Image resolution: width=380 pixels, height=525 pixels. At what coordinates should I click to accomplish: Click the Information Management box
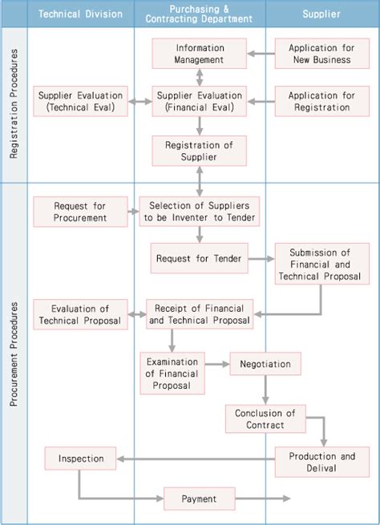(x=200, y=53)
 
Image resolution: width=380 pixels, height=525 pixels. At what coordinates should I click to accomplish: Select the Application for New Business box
(x=320, y=53)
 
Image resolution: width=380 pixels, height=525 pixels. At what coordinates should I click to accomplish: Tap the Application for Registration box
(x=320, y=101)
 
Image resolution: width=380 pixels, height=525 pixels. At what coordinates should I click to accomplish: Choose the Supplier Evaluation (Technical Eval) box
(x=81, y=101)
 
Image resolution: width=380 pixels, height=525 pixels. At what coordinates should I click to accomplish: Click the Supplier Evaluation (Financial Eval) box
(x=200, y=101)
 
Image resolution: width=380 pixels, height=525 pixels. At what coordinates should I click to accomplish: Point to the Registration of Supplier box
(x=200, y=150)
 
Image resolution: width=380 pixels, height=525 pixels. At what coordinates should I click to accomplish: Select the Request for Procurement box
(x=81, y=212)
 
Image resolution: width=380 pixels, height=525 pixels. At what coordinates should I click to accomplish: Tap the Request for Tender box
(x=198, y=258)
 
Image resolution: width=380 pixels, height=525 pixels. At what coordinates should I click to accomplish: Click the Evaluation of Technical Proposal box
(x=80, y=314)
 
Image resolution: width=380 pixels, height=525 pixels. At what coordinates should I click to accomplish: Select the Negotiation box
(x=265, y=363)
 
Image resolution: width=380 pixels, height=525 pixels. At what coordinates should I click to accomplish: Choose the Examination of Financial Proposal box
(x=172, y=373)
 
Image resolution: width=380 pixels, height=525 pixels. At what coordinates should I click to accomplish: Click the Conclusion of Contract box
(x=265, y=419)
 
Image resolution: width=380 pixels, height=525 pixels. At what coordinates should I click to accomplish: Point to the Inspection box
(x=81, y=458)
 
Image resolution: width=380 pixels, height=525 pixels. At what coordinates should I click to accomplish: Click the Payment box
(x=199, y=499)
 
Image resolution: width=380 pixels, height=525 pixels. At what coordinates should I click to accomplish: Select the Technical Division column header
(x=80, y=14)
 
